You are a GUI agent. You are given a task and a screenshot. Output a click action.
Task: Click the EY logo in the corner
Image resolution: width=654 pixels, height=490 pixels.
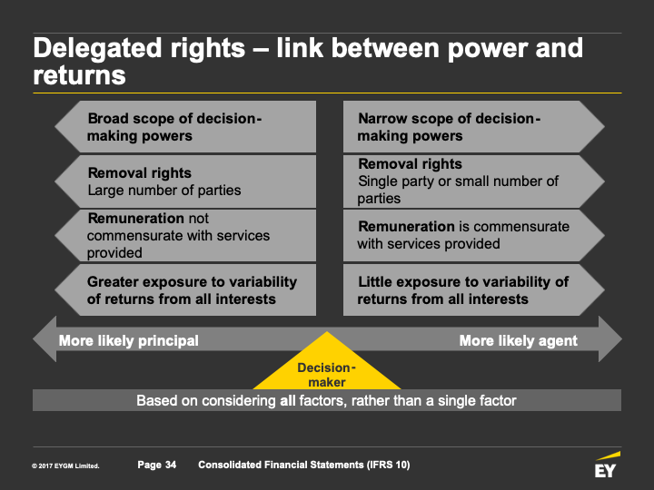(x=607, y=465)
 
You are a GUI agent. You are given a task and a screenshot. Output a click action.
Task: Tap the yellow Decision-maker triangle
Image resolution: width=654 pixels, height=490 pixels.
(x=327, y=367)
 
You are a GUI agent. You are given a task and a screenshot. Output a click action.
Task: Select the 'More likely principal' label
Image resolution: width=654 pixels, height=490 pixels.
(x=128, y=340)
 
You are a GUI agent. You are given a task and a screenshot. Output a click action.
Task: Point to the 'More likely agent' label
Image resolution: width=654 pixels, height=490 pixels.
(x=518, y=340)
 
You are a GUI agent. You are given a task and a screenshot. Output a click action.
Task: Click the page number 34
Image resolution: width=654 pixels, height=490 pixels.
(x=171, y=465)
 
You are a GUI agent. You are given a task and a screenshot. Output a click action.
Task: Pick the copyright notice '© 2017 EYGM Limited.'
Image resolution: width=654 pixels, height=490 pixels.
(x=65, y=465)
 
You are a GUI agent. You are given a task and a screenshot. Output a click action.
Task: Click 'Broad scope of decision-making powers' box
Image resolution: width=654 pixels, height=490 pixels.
(x=185, y=127)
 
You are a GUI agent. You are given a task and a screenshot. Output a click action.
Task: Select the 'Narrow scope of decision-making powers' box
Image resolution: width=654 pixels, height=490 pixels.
(x=474, y=127)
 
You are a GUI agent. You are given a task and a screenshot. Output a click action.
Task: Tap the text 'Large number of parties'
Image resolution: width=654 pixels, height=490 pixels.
(x=164, y=191)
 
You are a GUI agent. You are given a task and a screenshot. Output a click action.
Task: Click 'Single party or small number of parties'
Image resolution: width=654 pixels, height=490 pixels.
(x=458, y=190)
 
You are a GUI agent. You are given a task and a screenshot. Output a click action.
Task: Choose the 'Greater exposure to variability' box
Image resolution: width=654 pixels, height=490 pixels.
(x=185, y=290)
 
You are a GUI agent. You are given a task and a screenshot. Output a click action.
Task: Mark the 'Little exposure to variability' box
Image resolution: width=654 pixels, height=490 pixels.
(x=474, y=290)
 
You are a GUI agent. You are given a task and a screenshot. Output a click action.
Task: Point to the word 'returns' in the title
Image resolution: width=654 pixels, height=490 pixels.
(x=79, y=75)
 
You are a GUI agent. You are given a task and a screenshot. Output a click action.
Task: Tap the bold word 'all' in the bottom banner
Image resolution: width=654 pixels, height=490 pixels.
(x=288, y=400)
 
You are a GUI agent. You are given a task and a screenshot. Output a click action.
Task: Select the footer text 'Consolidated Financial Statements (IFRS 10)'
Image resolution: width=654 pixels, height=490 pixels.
(x=304, y=465)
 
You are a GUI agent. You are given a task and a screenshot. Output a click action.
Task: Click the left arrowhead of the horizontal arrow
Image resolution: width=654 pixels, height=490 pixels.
(x=45, y=339)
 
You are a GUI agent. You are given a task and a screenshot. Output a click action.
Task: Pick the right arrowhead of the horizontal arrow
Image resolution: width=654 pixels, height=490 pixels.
(x=610, y=339)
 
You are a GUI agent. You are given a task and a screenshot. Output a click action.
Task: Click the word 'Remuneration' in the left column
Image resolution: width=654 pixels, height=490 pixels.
(x=136, y=219)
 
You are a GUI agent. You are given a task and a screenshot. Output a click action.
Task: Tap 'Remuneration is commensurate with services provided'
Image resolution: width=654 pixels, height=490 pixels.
(x=463, y=235)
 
